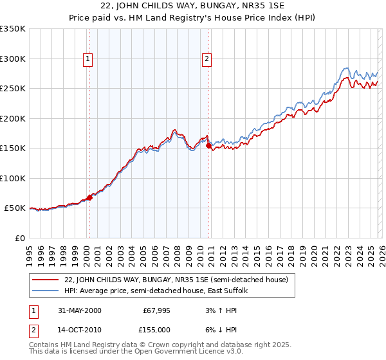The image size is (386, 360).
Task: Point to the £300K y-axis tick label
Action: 13,59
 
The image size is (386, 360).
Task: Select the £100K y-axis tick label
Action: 13,178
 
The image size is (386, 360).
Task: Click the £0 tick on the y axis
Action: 21,238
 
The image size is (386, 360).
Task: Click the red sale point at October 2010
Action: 208,146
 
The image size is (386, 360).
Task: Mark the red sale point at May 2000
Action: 90,197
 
